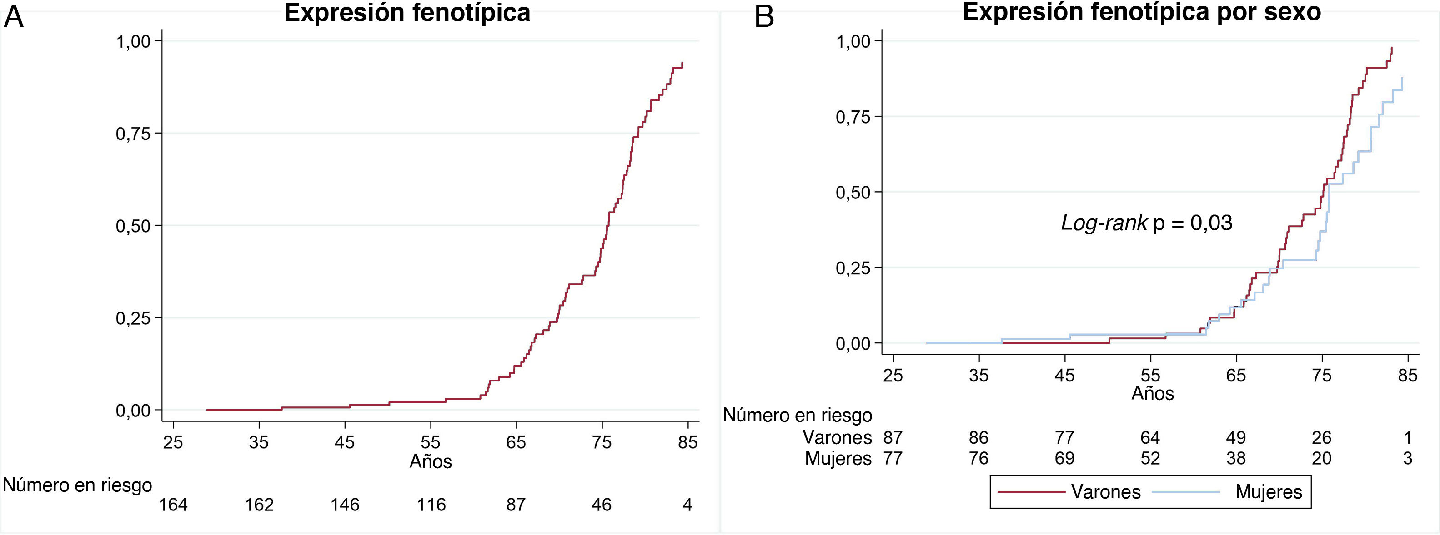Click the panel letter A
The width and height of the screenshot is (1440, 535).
click(14, 17)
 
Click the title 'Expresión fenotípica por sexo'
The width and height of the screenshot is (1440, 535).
click(1141, 12)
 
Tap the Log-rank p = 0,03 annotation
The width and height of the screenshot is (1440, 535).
click(1147, 223)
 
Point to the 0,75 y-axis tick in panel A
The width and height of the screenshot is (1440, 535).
click(133, 134)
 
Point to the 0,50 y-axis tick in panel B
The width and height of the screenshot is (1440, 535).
click(853, 193)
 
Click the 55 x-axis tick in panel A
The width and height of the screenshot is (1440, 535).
click(431, 442)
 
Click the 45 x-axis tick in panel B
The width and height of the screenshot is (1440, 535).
click(1064, 375)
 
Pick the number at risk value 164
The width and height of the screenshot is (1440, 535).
click(173, 505)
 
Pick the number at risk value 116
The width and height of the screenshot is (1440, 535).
click(431, 505)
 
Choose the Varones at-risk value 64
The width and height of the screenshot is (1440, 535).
click(1150, 437)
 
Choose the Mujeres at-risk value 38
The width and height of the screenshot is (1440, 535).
click(1236, 458)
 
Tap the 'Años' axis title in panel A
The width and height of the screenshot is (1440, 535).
click(431, 461)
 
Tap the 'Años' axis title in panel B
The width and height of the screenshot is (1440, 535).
click(1153, 393)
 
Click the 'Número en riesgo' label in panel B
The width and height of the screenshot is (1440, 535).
click(798, 416)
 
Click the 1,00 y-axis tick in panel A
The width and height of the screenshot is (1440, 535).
click(133, 41)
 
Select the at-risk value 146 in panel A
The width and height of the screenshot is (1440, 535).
click(345, 505)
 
